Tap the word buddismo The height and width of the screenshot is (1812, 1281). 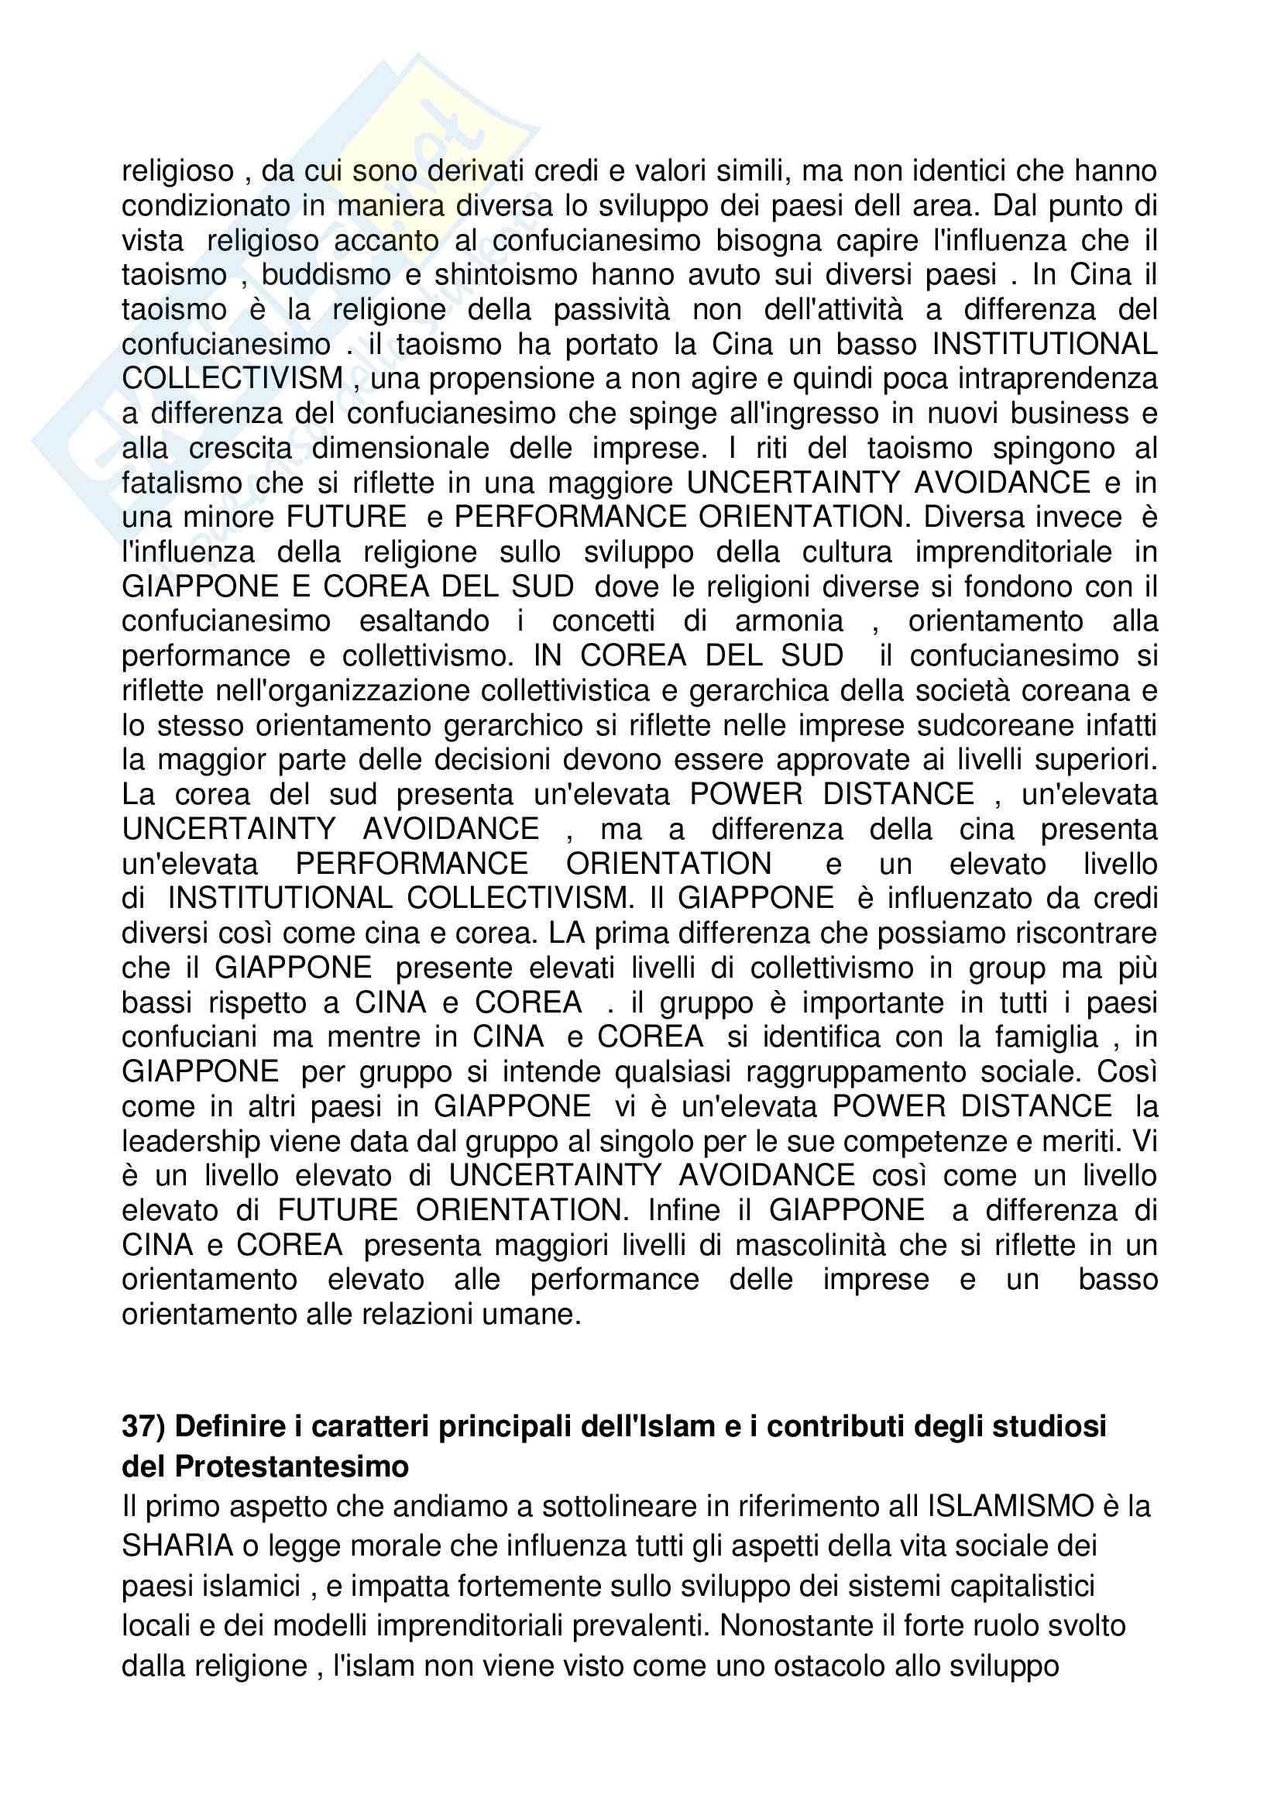click(326, 275)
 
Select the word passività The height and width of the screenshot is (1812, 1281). click(611, 309)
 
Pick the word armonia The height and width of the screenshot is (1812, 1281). click(788, 621)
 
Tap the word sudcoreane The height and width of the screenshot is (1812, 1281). click(985, 725)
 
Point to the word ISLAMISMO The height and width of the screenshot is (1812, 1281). click(1011, 1506)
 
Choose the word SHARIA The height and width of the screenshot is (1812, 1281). click(177, 1546)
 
